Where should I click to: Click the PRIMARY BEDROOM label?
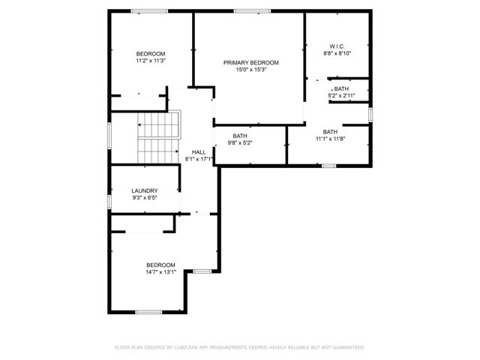coord(251,63)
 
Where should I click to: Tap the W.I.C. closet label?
coord(337,46)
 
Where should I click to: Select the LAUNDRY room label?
coord(145,190)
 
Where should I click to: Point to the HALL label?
coord(199,152)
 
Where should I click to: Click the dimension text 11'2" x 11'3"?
coord(151,61)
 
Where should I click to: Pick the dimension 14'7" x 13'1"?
coord(160,271)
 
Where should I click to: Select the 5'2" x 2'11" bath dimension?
coord(341,95)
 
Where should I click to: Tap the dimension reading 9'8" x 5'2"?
coord(240,142)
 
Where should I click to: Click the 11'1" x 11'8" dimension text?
coord(330,139)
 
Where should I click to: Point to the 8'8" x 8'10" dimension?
coord(337,53)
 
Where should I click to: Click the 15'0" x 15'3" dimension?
coord(251,70)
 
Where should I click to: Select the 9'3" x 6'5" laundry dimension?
coord(145,198)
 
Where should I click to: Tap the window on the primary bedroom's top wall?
coord(252,11)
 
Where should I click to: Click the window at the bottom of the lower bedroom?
coord(148,312)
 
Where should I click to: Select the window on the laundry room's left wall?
coord(109,202)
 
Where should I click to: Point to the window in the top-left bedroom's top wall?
coord(149,11)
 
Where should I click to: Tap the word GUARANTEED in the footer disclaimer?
coord(349,347)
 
